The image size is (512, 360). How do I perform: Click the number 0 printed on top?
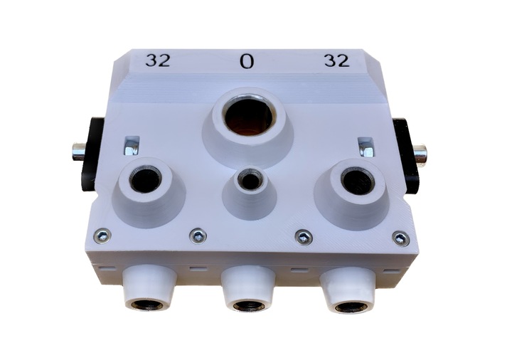247,61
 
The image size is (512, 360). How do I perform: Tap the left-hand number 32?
158,60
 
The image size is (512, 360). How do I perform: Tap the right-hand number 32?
337,61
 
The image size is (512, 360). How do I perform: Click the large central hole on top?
249,116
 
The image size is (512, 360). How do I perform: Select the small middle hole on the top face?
250,180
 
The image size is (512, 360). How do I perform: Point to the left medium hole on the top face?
146,180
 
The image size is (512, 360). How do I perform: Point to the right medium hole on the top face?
358,181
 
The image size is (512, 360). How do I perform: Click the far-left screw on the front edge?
102,235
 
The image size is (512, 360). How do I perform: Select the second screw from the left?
198,235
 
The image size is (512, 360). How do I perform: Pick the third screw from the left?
304,236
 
